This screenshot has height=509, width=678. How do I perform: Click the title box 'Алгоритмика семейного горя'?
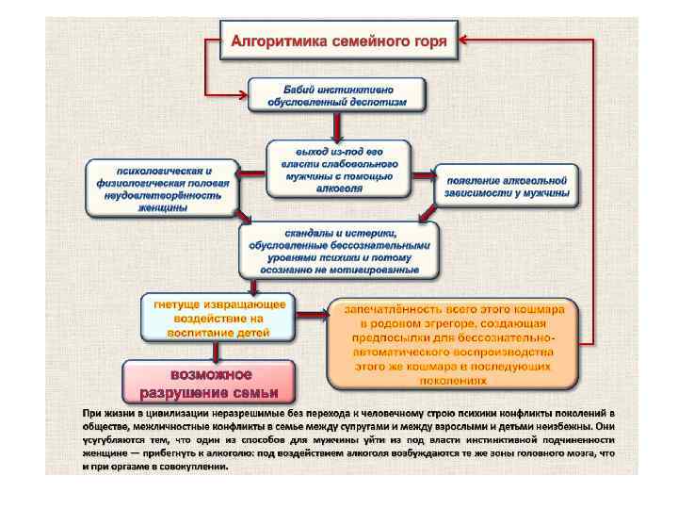(x=338, y=41)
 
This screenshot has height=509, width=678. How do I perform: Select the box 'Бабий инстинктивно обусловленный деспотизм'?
(x=336, y=95)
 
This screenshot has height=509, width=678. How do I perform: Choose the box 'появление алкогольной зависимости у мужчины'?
(x=507, y=186)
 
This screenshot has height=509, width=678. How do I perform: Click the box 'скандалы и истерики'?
(x=338, y=251)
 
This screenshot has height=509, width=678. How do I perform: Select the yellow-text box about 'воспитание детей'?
(x=219, y=317)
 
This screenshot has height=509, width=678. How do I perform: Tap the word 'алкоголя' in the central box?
(x=339, y=189)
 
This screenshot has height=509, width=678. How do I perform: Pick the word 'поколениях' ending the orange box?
(x=451, y=381)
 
